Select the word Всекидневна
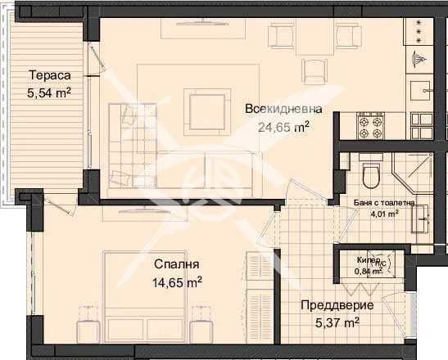click(x=283, y=108)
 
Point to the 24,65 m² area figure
click(x=283, y=127)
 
